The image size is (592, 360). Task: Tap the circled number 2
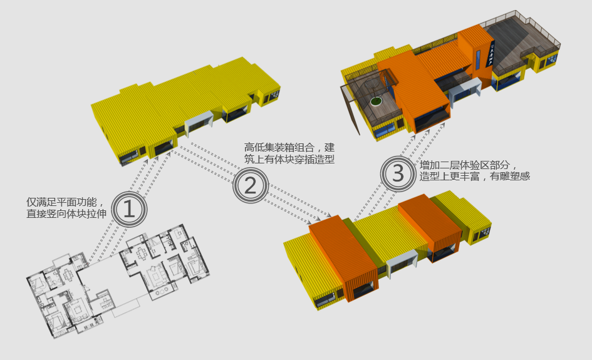251,185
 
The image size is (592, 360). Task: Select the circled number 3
398,173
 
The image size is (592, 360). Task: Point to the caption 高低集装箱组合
279,148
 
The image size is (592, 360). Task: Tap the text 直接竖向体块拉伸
66,213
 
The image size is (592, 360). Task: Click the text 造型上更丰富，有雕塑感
475,176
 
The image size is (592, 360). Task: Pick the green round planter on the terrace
376,101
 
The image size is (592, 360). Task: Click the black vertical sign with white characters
490,53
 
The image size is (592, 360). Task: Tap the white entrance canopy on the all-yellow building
199,120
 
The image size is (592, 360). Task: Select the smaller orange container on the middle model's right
430,227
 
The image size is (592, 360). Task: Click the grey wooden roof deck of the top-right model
514,41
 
